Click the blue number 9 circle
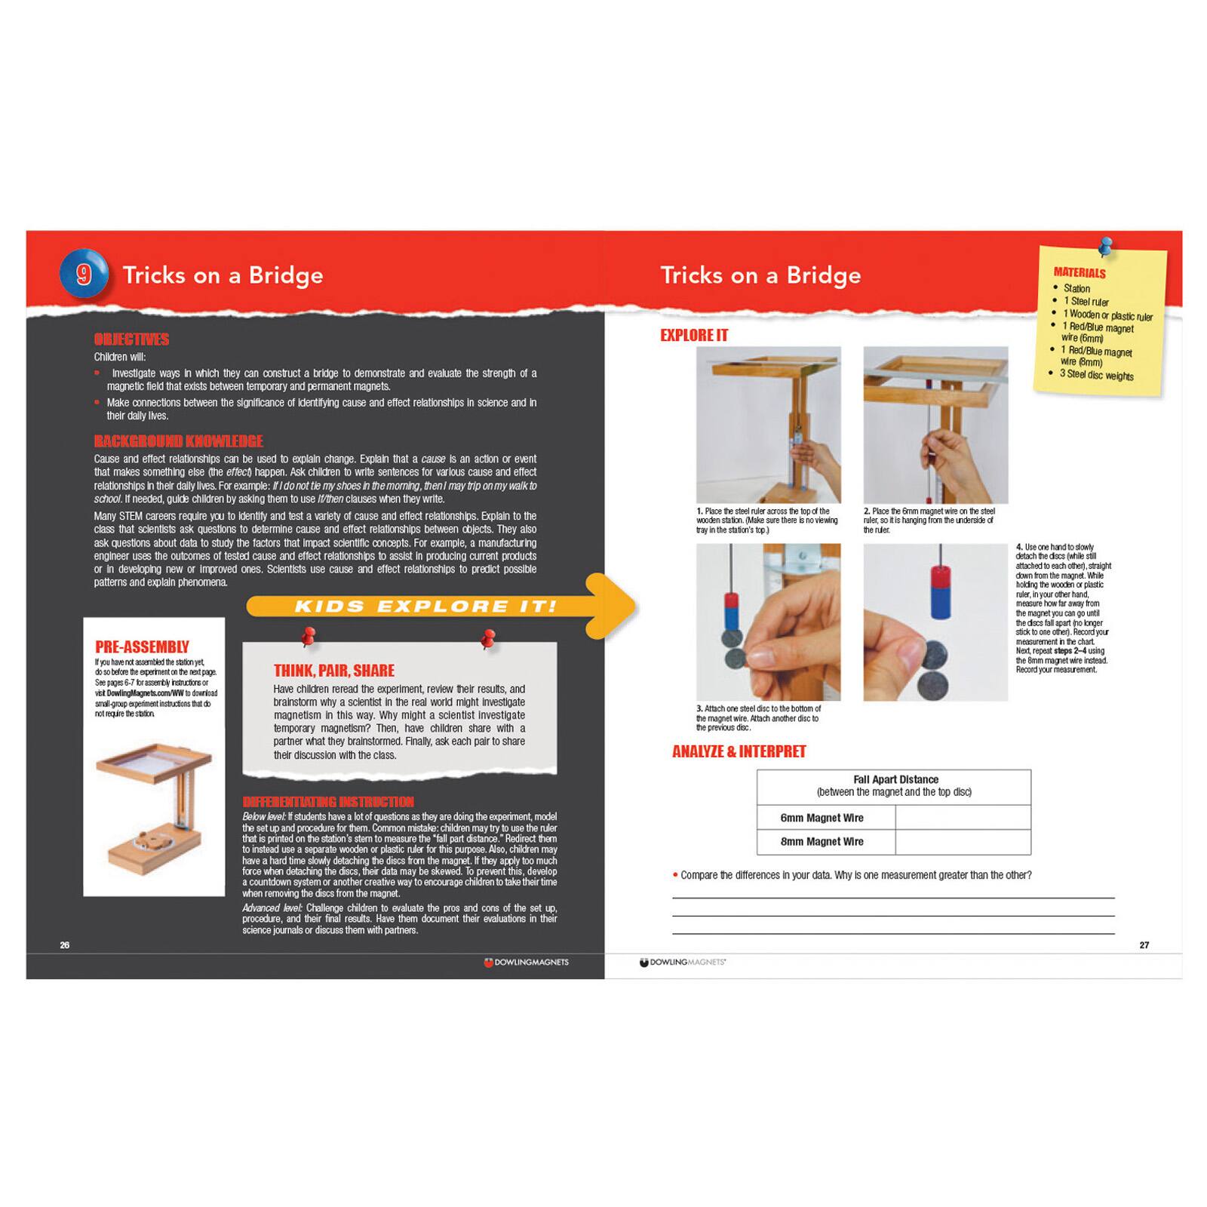pyautogui.click(x=84, y=274)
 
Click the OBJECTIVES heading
pyautogui.click(x=131, y=339)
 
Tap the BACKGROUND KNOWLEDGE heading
pyautogui.click(x=178, y=441)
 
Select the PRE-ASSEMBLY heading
pyautogui.click(x=142, y=647)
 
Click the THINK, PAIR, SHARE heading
pyautogui.click(x=333, y=671)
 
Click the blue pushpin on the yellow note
pyautogui.click(x=1106, y=245)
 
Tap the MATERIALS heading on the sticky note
pyautogui.click(x=1080, y=272)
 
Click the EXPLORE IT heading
pyautogui.click(x=694, y=335)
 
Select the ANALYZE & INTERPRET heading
pyautogui.click(x=739, y=751)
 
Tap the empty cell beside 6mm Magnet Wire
pyautogui.click(x=963, y=818)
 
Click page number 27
pyautogui.click(x=1144, y=945)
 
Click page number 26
pyautogui.click(x=65, y=945)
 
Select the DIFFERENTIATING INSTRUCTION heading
pyautogui.click(x=328, y=802)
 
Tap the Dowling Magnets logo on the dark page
pyautogui.click(x=526, y=963)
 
